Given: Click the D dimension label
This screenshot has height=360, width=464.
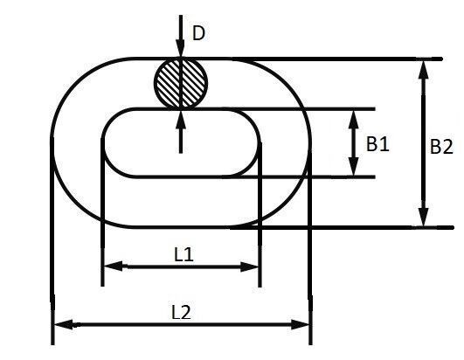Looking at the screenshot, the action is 198,33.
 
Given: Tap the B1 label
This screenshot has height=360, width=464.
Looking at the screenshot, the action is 377,144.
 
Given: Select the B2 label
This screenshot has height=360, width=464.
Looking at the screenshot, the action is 441,147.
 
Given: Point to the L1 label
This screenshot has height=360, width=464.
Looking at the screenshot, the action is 184,254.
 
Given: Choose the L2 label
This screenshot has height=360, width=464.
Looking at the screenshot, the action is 182,312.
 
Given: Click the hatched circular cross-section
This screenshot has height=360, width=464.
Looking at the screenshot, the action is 181,84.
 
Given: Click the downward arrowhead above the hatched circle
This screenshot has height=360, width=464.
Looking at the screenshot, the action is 180,49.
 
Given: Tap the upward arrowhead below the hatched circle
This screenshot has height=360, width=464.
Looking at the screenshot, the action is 181,119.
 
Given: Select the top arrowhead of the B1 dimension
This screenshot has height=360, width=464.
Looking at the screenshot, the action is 353,119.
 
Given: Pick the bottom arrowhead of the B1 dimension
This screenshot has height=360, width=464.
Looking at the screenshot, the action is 353,167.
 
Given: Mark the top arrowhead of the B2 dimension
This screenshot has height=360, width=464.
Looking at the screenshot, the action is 424,70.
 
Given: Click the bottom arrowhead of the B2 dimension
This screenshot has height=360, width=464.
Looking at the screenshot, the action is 424,218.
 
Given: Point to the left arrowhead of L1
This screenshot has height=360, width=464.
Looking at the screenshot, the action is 114,266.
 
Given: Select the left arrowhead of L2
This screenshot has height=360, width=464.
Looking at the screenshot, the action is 64,324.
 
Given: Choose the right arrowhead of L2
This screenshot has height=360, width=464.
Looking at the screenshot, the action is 301,325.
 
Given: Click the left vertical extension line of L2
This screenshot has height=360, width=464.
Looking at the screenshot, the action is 52,241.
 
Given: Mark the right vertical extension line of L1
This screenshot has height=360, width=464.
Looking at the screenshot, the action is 260,214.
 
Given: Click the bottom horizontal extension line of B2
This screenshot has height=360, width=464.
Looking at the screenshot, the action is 342,227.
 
